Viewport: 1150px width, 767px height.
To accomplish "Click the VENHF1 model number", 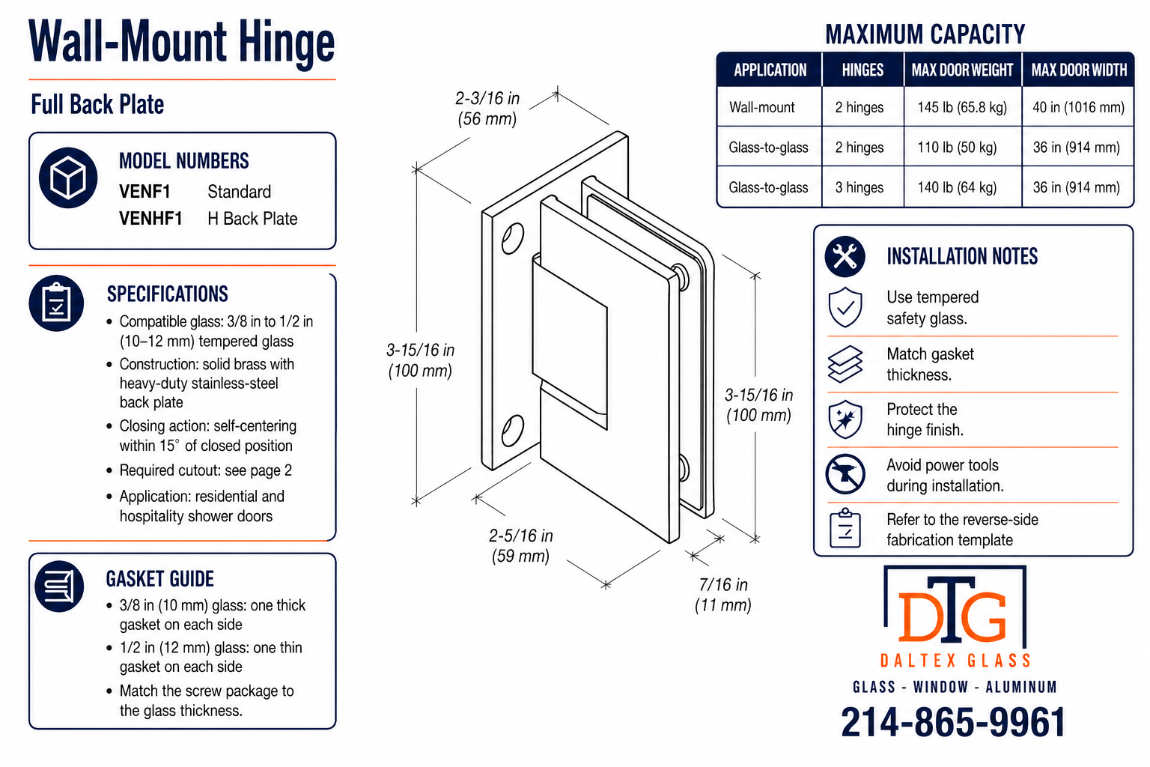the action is click(150, 218).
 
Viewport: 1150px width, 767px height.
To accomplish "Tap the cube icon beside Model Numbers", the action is click(68, 178).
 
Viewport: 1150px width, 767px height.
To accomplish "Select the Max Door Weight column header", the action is click(962, 70).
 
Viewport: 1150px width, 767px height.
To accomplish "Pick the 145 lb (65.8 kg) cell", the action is click(962, 107).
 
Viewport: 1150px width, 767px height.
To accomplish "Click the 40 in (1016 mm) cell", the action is click(1078, 107).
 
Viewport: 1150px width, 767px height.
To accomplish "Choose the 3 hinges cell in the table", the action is click(859, 187).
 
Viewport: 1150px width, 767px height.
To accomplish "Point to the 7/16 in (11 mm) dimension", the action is click(722, 595).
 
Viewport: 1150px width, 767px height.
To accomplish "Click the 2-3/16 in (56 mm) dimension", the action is click(487, 109).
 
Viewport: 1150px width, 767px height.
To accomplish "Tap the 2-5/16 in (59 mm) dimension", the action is click(520, 545).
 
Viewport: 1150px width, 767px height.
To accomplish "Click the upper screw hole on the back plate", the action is click(512, 238).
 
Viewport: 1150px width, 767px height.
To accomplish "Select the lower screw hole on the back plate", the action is click(512, 430).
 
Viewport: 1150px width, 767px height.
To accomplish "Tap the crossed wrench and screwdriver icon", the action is click(845, 256).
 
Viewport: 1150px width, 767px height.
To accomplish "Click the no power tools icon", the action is click(845, 473).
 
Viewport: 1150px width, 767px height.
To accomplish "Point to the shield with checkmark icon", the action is click(845, 307).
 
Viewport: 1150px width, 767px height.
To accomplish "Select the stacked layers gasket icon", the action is click(845, 364).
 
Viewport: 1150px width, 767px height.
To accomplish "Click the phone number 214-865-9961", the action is click(953, 722).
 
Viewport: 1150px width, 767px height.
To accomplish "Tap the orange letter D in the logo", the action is click(919, 617).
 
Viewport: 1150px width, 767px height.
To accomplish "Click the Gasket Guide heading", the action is click(159, 579).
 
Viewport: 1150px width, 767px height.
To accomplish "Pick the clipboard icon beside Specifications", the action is click(56, 303).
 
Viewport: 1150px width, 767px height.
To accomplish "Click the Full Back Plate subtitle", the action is click(97, 104).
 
